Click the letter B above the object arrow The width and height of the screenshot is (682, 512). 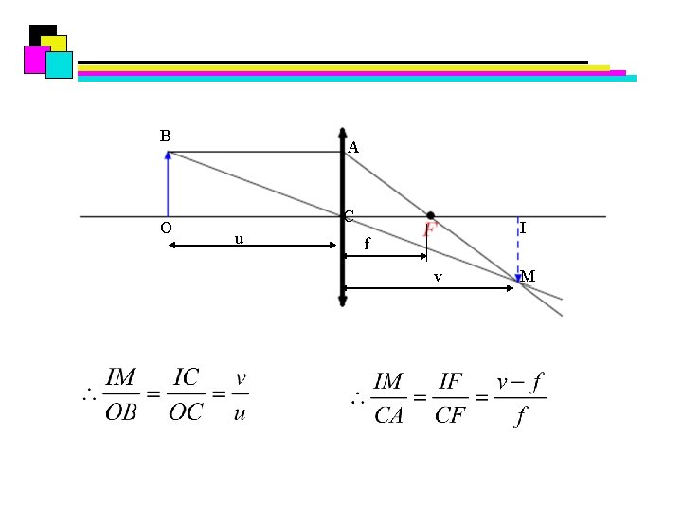tap(165, 136)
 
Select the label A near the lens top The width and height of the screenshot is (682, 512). tap(353, 148)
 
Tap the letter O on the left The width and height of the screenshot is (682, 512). tap(166, 228)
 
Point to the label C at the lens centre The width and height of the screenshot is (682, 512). tap(349, 216)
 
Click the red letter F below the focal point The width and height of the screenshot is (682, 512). tap(429, 229)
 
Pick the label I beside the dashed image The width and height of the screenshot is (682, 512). tap(524, 229)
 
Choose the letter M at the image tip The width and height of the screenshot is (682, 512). tap(529, 276)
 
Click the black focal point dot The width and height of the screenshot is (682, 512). tap(431, 216)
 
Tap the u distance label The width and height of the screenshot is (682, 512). tap(240, 238)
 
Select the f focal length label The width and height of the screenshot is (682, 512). tap(368, 244)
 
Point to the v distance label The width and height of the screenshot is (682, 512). tap(437, 277)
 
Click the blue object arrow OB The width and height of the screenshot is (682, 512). tap(168, 184)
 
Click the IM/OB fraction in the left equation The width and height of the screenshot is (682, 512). tap(120, 394)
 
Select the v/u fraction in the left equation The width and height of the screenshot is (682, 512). tap(240, 394)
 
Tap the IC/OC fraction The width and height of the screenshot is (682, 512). tap(186, 394)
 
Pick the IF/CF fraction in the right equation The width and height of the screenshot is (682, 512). tap(450, 398)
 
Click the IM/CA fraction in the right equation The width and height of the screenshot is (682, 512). tap(389, 398)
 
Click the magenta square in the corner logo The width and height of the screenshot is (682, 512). tap(35, 59)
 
